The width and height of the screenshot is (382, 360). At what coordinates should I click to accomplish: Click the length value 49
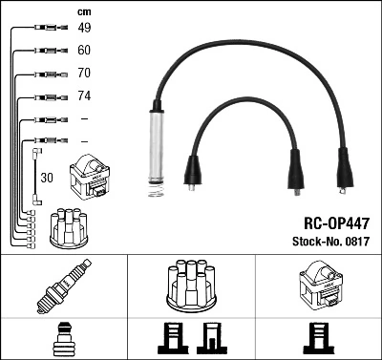84,28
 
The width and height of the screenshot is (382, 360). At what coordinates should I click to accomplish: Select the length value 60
84,50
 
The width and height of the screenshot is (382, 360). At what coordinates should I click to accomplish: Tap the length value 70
84,73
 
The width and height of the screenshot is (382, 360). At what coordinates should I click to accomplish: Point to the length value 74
84,95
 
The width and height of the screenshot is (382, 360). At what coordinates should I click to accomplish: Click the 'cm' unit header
83,11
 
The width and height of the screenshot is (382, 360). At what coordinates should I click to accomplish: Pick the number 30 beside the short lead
46,178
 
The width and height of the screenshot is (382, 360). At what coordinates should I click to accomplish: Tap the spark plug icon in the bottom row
63,286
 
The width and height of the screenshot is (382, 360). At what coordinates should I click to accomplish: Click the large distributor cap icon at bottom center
189,284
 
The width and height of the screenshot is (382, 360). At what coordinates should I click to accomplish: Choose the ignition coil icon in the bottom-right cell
317,284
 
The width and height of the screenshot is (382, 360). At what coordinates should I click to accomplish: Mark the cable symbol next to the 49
46,28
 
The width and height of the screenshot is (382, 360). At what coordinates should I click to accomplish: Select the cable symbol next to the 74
46,95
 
